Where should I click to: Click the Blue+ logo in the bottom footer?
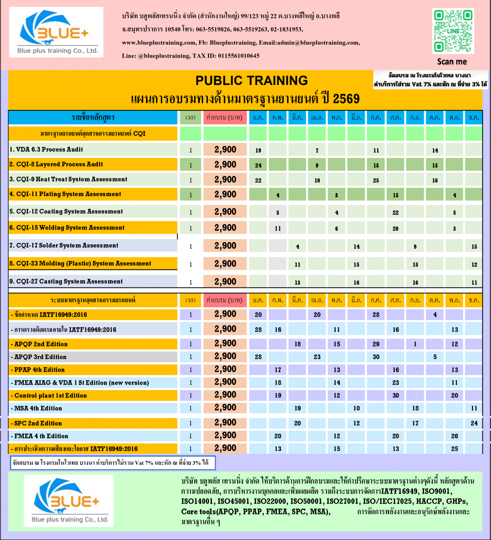[x=69, y=500]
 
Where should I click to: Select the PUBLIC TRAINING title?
[x=252, y=81]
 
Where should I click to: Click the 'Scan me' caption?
[x=452, y=62]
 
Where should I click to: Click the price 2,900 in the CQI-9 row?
[x=225, y=180]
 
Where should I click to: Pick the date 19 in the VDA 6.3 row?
[x=258, y=150]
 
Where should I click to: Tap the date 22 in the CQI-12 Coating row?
[x=395, y=212]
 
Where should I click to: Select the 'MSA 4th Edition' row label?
[x=38, y=408]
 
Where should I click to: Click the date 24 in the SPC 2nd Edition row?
[x=474, y=423]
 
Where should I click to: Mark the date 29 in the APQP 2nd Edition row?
[x=376, y=344]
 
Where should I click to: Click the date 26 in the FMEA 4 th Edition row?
[x=455, y=436]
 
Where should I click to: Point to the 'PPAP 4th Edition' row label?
[x=40, y=369]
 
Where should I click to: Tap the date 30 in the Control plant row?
[x=395, y=396]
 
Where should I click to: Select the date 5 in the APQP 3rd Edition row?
[x=435, y=357]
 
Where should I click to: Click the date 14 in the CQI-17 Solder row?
[x=356, y=247]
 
